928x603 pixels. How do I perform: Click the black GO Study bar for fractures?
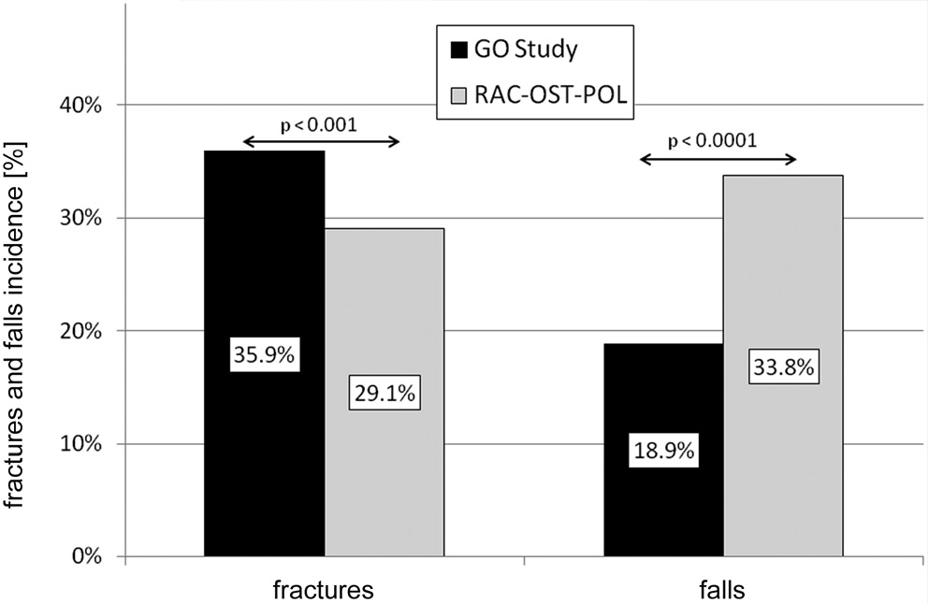click(264, 280)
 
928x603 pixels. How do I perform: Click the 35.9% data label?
click(265, 356)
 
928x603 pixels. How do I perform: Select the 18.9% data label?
click(663, 451)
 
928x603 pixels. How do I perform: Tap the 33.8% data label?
click(784, 368)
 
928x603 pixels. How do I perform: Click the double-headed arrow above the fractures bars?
click(321, 142)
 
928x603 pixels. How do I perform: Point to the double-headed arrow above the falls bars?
click(718, 160)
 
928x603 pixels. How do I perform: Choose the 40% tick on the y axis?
click(81, 105)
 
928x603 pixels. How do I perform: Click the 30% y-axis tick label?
click(81, 218)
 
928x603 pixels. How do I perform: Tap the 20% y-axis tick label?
click(81, 331)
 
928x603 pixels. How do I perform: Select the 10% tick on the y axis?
click(81, 444)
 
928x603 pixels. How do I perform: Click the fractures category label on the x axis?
click(324, 590)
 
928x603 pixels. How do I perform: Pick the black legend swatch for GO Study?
click(457, 49)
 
